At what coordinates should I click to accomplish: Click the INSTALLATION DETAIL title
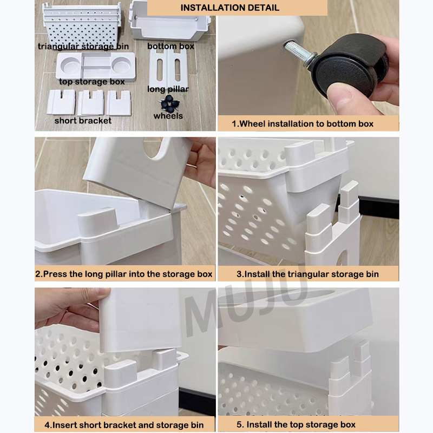[x=229, y=8]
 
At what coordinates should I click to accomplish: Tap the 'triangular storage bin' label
[x=83, y=47]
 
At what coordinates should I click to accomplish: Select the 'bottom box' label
[x=170, y=46]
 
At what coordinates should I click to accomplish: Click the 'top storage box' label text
[x=91, y=82]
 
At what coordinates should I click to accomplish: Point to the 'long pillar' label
[x=168, y=89]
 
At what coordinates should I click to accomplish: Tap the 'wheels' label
[x=168, y=116]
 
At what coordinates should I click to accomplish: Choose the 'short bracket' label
[x=83, y=120]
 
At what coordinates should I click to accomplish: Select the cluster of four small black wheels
[x=169, y=103]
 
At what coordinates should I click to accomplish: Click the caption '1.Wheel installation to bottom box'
[x=303, y=124]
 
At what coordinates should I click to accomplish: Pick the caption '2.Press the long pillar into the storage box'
[x=124, y=274]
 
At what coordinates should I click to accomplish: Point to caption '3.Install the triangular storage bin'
[x=307, y=274]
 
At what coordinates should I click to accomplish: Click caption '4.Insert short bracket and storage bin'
[x=124, y=425]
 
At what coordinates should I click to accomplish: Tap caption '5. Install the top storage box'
[x=296, y=424]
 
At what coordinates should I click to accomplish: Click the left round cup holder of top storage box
[x=70, y=65]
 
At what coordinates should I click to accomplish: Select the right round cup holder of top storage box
[x=121, y=65]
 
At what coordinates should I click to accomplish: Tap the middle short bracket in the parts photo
[x=91, y=103]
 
